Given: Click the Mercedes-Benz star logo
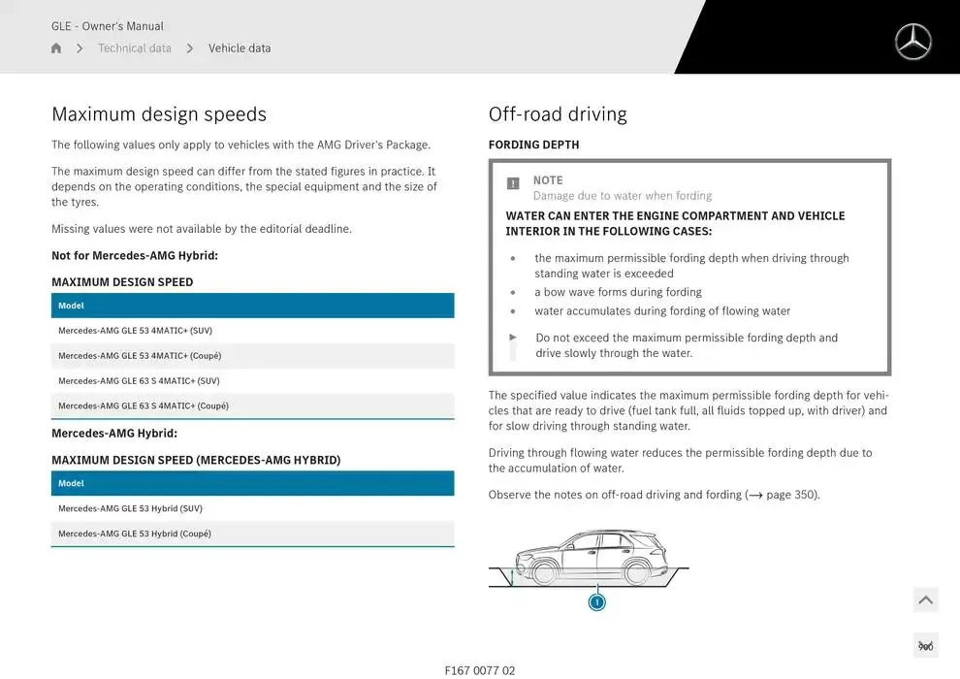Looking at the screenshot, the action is pos(912,42).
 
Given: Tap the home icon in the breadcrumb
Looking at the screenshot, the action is pos(56,48).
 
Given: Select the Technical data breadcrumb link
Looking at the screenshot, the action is pos(134,48).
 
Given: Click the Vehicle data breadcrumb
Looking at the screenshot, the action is pos(240,48).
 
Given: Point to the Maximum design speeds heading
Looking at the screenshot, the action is pos(158,114).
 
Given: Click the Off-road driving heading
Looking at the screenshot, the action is pos(558,114).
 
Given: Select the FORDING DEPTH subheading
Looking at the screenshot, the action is pos(533,145).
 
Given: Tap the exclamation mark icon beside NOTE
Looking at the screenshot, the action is pos(513,183).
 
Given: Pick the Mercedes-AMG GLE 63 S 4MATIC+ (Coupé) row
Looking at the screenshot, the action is pos(144,406).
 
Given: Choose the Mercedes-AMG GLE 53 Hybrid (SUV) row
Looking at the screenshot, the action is pos(130,508).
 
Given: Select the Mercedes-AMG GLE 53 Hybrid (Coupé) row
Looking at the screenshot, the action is pos(134,533).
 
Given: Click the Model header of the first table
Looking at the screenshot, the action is pos(71,306).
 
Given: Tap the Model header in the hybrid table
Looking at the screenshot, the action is pos(71,483).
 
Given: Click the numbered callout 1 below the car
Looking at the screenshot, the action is pos(597,602).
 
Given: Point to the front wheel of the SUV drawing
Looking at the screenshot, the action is pos(545,572).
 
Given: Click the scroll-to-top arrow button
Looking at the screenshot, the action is pos(925,600).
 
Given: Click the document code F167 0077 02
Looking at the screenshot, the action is pos(480,670).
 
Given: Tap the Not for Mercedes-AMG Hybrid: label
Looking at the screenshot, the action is pos(135,256).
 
